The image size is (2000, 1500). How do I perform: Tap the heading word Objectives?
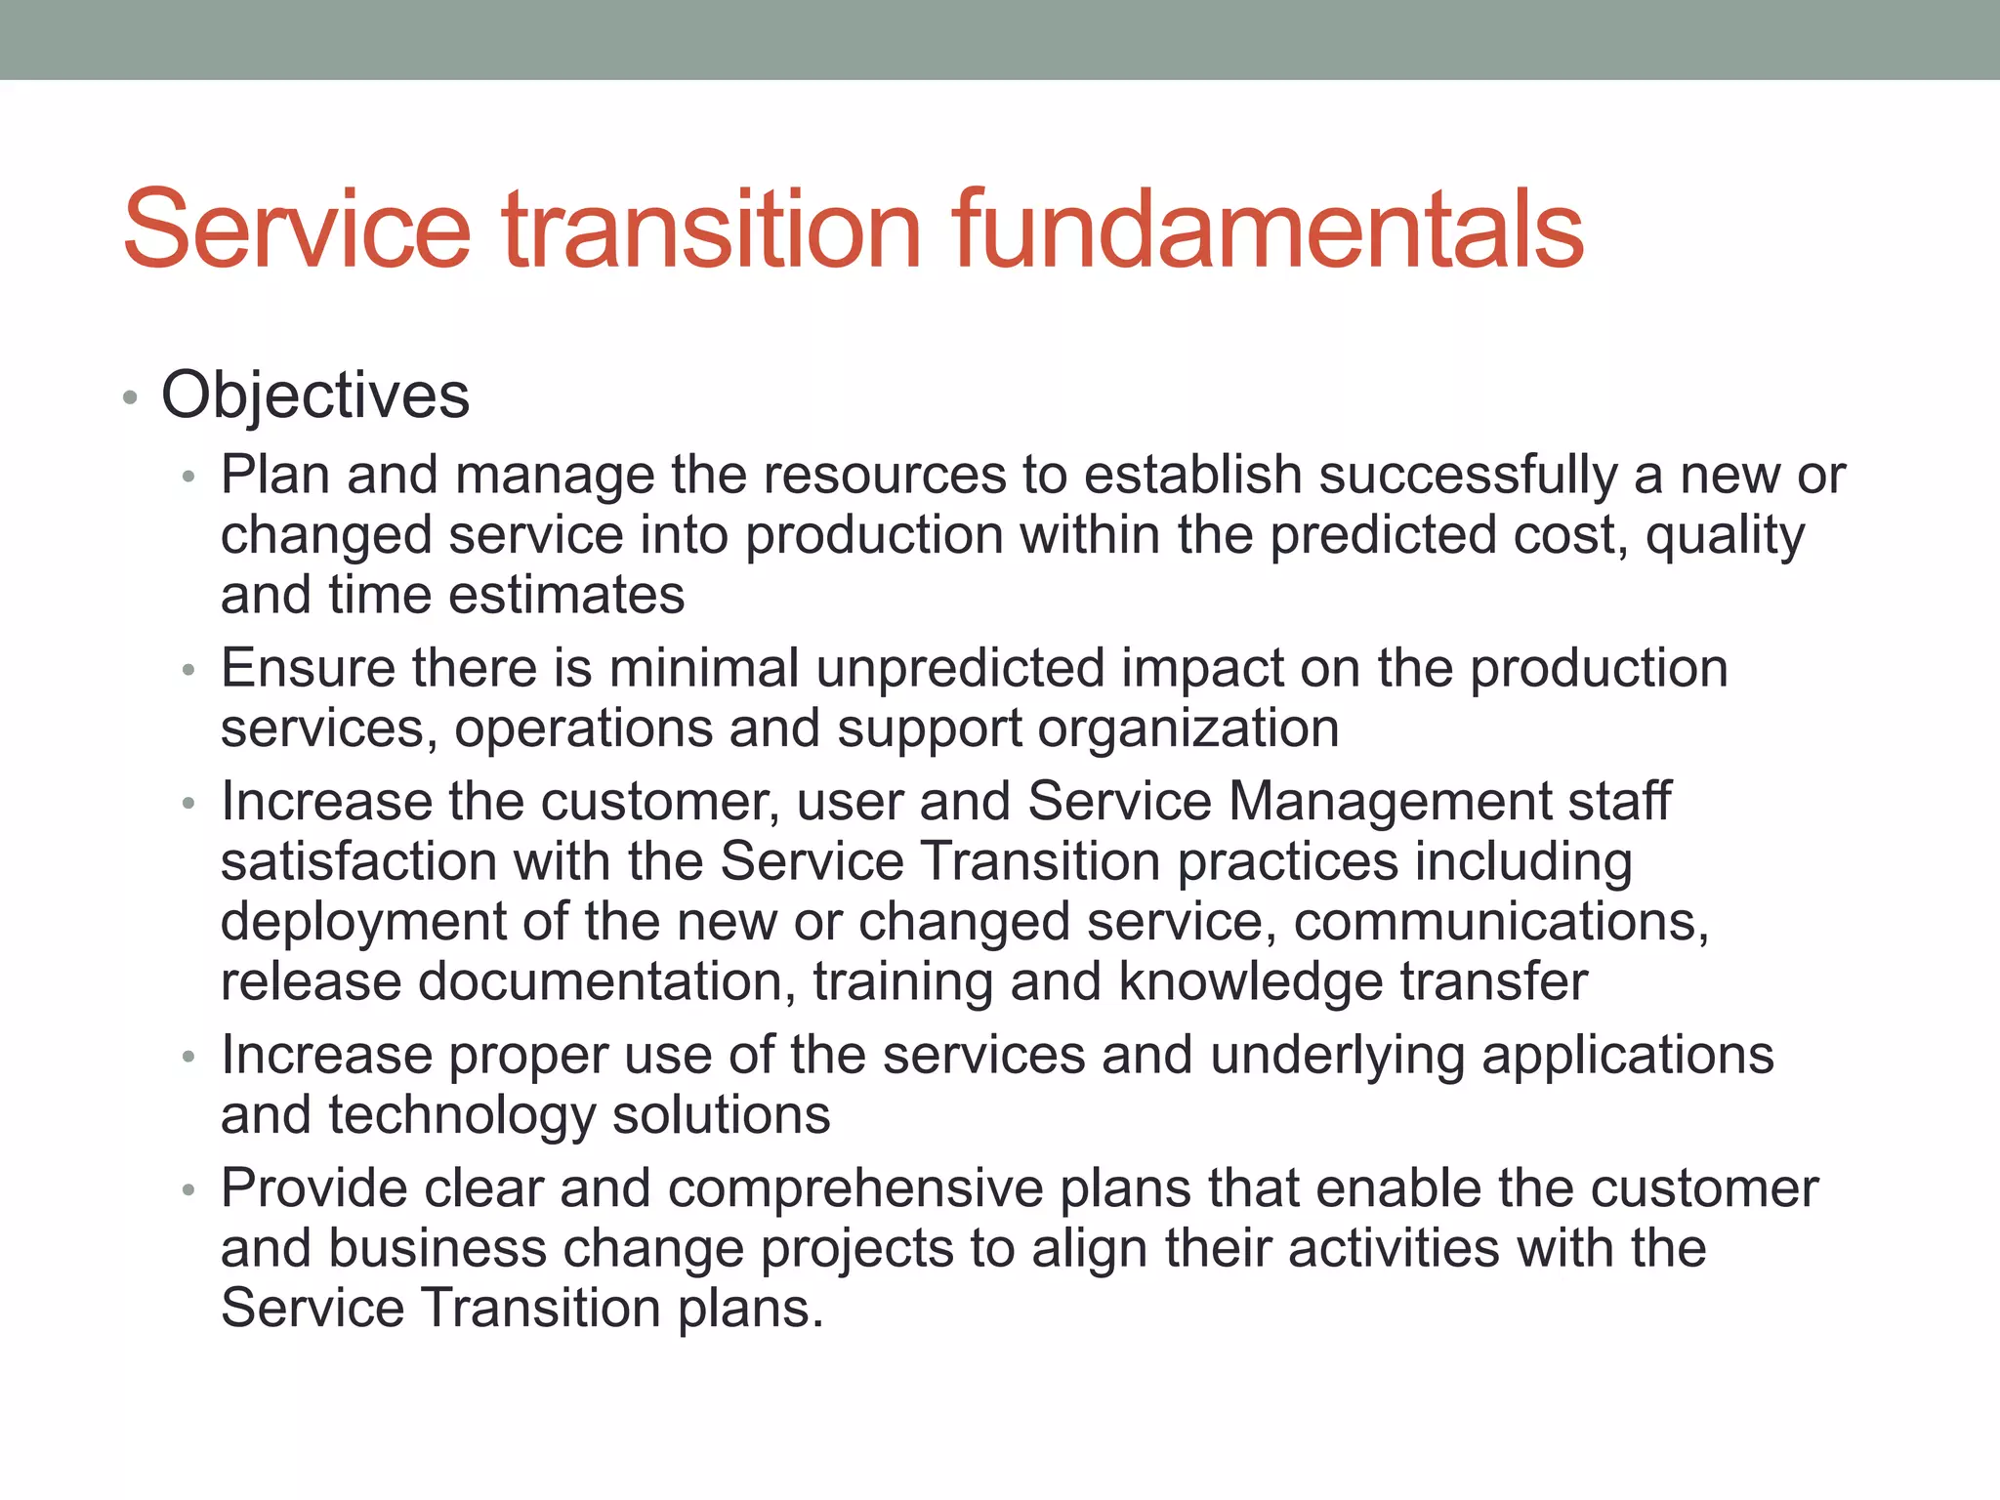click(x=315, y=396)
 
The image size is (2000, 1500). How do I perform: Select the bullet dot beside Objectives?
click(x=130, y=398)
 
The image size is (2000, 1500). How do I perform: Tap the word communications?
click(x=1500, y=922)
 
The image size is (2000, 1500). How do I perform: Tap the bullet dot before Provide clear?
click(x=188, y=1191)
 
